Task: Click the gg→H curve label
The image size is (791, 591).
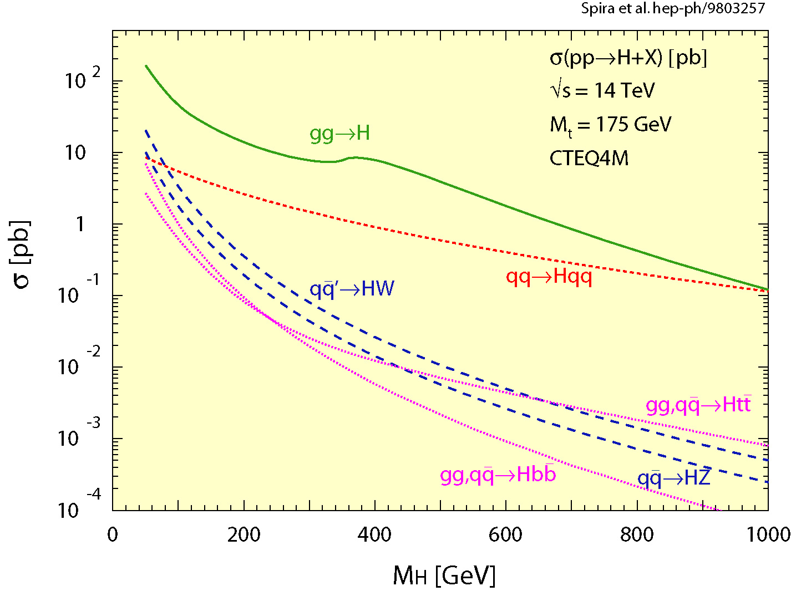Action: coord(339,134)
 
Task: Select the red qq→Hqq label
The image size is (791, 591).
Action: coord(549,277)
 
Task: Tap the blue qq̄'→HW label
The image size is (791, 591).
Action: coord(352,289)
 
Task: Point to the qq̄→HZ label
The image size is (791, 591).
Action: coord(673,478)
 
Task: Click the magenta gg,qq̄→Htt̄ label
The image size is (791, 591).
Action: coord(698,405)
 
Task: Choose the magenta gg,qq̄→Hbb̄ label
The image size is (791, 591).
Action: coord(498,475)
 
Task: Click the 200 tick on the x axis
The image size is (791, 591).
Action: coord(244,535)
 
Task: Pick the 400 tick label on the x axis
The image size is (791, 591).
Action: coord(374,535)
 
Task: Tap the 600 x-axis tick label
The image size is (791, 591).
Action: coord(505,535)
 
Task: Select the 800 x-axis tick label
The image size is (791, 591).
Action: coord(637,535)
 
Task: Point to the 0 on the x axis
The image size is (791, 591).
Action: coord(113,535)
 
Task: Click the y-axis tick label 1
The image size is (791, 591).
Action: coord(81,225)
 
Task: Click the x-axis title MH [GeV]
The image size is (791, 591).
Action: coord(444,576)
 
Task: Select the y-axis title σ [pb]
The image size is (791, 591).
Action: coord(22,255)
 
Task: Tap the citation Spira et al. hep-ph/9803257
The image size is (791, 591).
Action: coord(673,9)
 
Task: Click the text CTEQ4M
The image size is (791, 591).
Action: coord(589,159)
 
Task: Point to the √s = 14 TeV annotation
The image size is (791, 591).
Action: coord(602,90)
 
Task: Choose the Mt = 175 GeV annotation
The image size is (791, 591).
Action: coord(610,125)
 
